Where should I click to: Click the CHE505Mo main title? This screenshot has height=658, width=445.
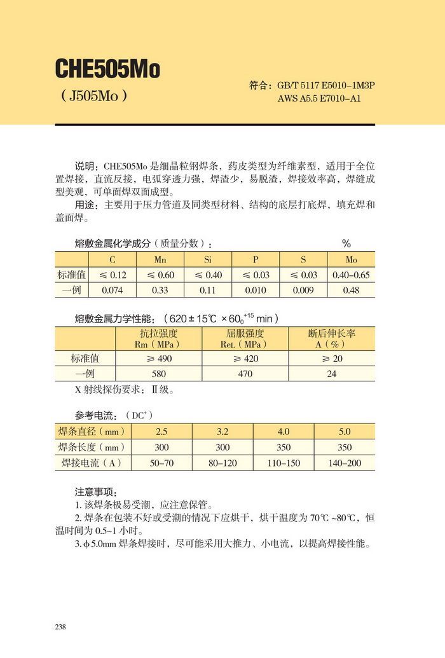(x=107, y=68)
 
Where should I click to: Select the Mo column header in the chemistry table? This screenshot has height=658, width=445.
(x=351, y=259)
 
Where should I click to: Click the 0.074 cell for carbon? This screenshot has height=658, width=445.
(x=113, y=290)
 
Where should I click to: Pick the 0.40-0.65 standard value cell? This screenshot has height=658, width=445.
(x=351, y=275)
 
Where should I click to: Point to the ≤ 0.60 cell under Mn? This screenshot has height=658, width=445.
(x=160, y=275)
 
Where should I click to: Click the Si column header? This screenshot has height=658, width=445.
(x=208, y=259)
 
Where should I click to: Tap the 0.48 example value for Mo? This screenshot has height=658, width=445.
(x=351, y=290)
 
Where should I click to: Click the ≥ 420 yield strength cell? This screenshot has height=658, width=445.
(x=245, y=358)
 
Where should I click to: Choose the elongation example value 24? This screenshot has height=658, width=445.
(x=331, y=374)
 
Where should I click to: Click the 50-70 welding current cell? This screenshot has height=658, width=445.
(x=161, y=463)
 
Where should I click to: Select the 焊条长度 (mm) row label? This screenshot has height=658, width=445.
(x=90, y=447)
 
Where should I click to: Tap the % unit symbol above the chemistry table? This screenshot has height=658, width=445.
(x=346, y=244)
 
